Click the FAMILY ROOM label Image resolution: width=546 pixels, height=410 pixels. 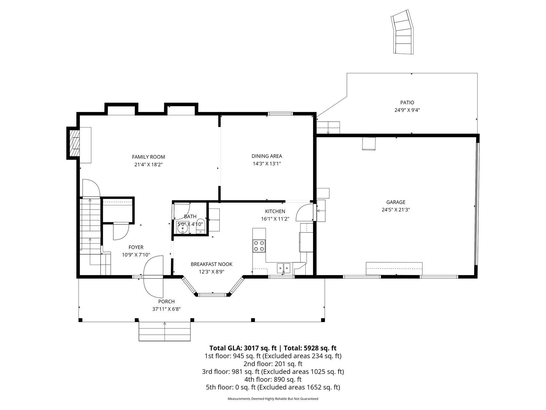coord(149,157)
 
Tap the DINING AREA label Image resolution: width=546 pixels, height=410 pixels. coord(267,156)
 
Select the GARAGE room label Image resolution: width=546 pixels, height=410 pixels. coord(396,202)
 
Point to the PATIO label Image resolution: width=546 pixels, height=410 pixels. coord(407,102)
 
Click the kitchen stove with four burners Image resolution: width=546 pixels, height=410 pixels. coord(259,246)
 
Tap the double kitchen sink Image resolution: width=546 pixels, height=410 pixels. coord(284,267)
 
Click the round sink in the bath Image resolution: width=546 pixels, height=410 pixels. coord(182,228)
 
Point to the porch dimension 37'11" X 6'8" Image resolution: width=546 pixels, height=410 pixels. coord(166,309)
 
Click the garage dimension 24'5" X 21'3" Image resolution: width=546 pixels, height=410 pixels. coord(396,210)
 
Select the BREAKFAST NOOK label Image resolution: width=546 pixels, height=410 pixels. coord(212,264)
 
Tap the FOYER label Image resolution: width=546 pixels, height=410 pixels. coord(136,247)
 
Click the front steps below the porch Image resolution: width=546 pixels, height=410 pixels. coord(165,332)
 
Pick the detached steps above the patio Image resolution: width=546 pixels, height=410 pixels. coord(403,32)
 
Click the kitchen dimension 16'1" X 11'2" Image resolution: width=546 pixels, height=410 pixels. coord(275,219)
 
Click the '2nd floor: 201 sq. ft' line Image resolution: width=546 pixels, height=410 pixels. coord(273,364)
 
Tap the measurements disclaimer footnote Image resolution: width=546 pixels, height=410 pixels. coord(273,399)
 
